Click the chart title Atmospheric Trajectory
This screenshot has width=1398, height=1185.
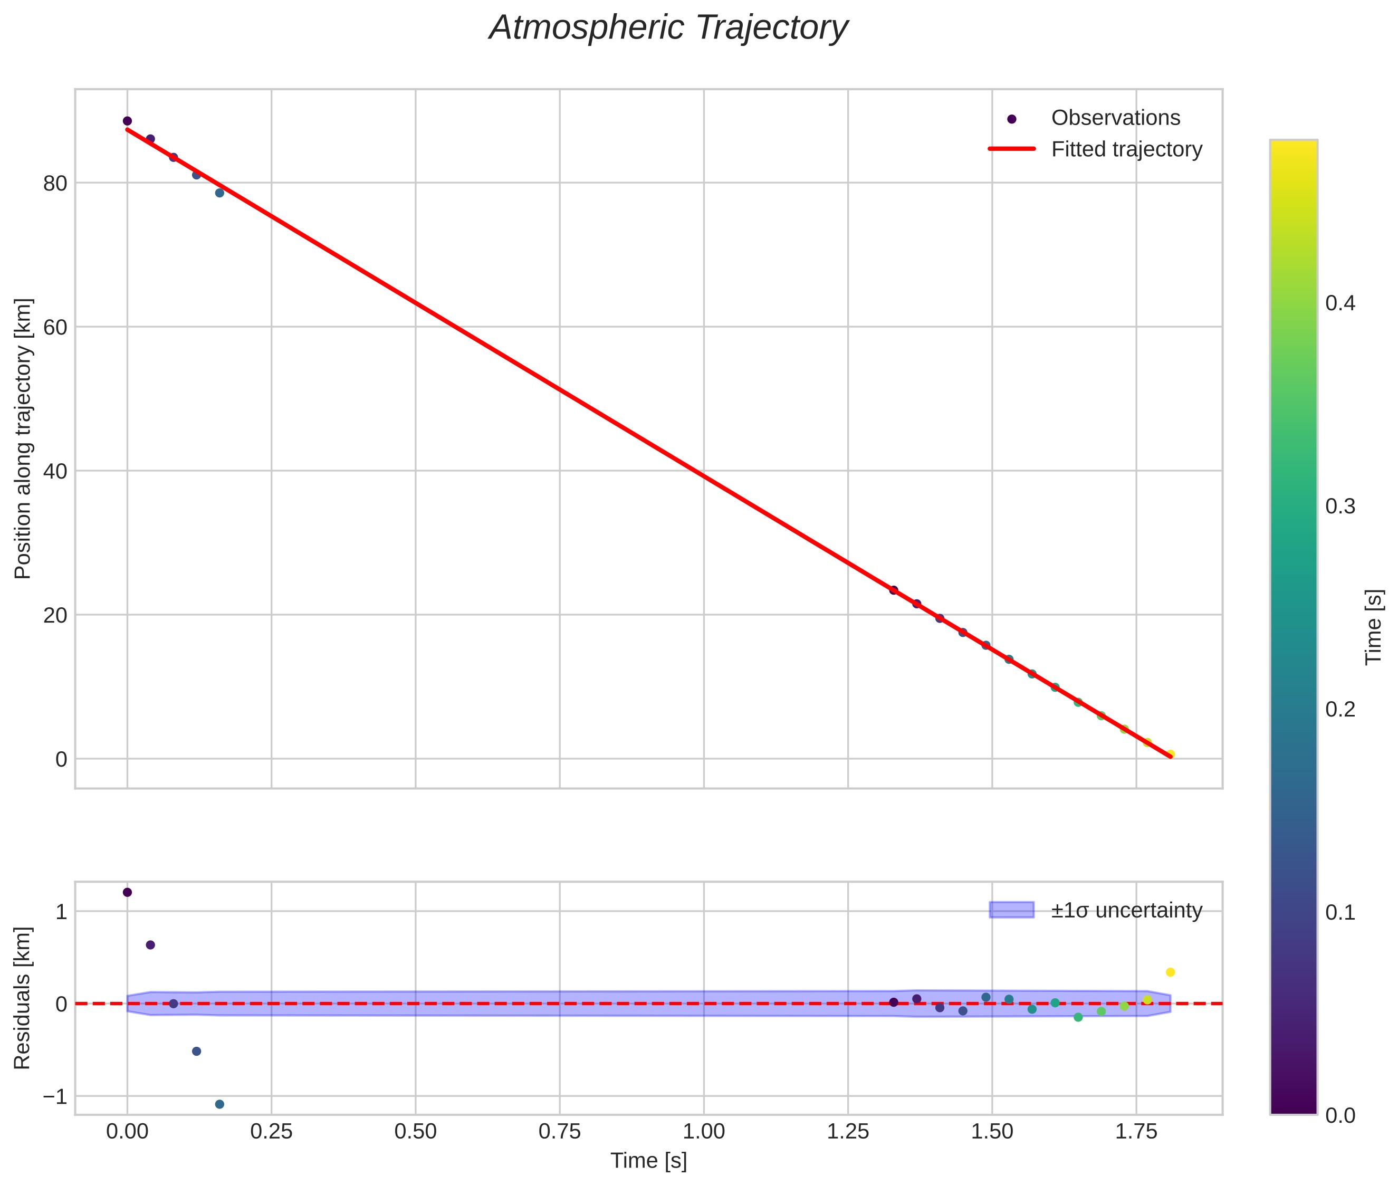(668, 28)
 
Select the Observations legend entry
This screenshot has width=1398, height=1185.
(1115, 118)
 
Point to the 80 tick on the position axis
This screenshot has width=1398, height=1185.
(55, 184)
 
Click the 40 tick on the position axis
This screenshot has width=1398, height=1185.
(55, 471)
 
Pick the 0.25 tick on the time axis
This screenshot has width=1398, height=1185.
(271, 1131)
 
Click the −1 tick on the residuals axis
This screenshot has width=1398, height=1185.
(55, 1096)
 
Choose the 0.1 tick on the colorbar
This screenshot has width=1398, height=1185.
(1339, 912)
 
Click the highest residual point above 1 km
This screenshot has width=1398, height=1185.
(128, 892)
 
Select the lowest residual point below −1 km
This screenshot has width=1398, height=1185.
(219, 1104)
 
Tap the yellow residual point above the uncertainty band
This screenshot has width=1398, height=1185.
(1170, 972)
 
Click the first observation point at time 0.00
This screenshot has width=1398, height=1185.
(128, 121)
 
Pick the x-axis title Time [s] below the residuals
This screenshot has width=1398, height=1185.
(648, 1160)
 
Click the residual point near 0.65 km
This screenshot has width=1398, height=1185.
(150, 944)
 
